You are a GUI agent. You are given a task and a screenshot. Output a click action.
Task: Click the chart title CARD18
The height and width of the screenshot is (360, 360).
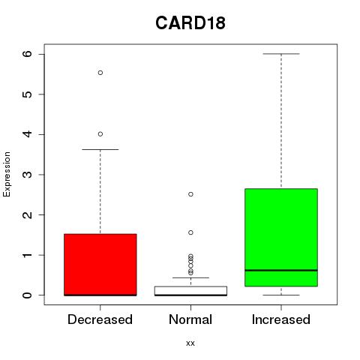[190, 22]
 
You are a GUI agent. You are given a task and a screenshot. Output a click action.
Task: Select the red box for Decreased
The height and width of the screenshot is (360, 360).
[100, 265]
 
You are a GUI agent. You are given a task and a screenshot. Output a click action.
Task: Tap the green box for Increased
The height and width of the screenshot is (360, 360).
[281, 238]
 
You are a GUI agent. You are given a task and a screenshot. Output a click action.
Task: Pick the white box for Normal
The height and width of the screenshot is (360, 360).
[190, 291]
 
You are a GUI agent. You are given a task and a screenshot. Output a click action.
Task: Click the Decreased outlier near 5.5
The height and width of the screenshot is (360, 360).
[100, 73]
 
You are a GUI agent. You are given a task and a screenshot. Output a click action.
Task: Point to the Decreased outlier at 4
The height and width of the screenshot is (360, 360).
[100, 134]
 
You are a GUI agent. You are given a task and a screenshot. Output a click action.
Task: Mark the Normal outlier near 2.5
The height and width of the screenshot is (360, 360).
[190, 194]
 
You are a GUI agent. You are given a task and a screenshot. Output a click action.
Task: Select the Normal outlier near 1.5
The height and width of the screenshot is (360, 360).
[190, 232]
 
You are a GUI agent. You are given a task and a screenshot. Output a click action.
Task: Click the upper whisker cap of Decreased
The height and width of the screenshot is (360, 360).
[100, 149]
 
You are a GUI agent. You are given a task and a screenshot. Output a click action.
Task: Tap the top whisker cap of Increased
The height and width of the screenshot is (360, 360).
[281, 54]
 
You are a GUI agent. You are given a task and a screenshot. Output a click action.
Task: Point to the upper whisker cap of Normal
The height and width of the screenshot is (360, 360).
[190, 277]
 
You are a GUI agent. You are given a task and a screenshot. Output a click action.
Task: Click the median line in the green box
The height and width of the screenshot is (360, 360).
[281, 270]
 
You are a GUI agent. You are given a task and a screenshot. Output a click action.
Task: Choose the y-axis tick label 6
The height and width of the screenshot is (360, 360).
[28, 54]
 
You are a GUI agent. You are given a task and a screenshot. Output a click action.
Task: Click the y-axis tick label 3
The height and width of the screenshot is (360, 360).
[28, 175]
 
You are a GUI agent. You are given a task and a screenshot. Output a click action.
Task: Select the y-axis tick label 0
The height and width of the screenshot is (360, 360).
[28, 295]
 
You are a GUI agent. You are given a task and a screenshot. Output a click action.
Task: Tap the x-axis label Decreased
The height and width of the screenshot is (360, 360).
[100, 319]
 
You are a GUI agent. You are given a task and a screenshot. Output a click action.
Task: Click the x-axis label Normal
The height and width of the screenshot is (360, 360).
[190, 319]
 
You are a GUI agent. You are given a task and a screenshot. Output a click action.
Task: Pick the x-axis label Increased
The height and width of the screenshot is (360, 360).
[281, 319]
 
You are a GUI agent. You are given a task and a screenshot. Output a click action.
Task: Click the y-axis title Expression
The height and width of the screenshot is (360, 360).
[7, 174]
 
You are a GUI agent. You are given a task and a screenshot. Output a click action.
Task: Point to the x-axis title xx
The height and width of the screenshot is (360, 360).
[190, 343]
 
